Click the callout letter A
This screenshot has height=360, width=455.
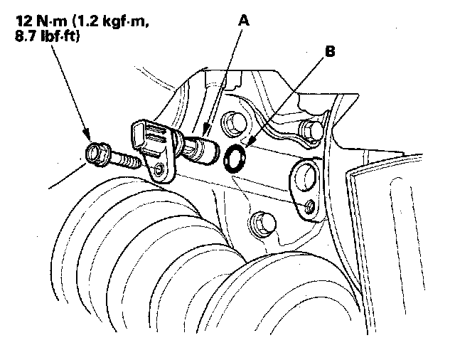point(244,21)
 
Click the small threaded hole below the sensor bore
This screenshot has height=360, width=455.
point(307,206)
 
